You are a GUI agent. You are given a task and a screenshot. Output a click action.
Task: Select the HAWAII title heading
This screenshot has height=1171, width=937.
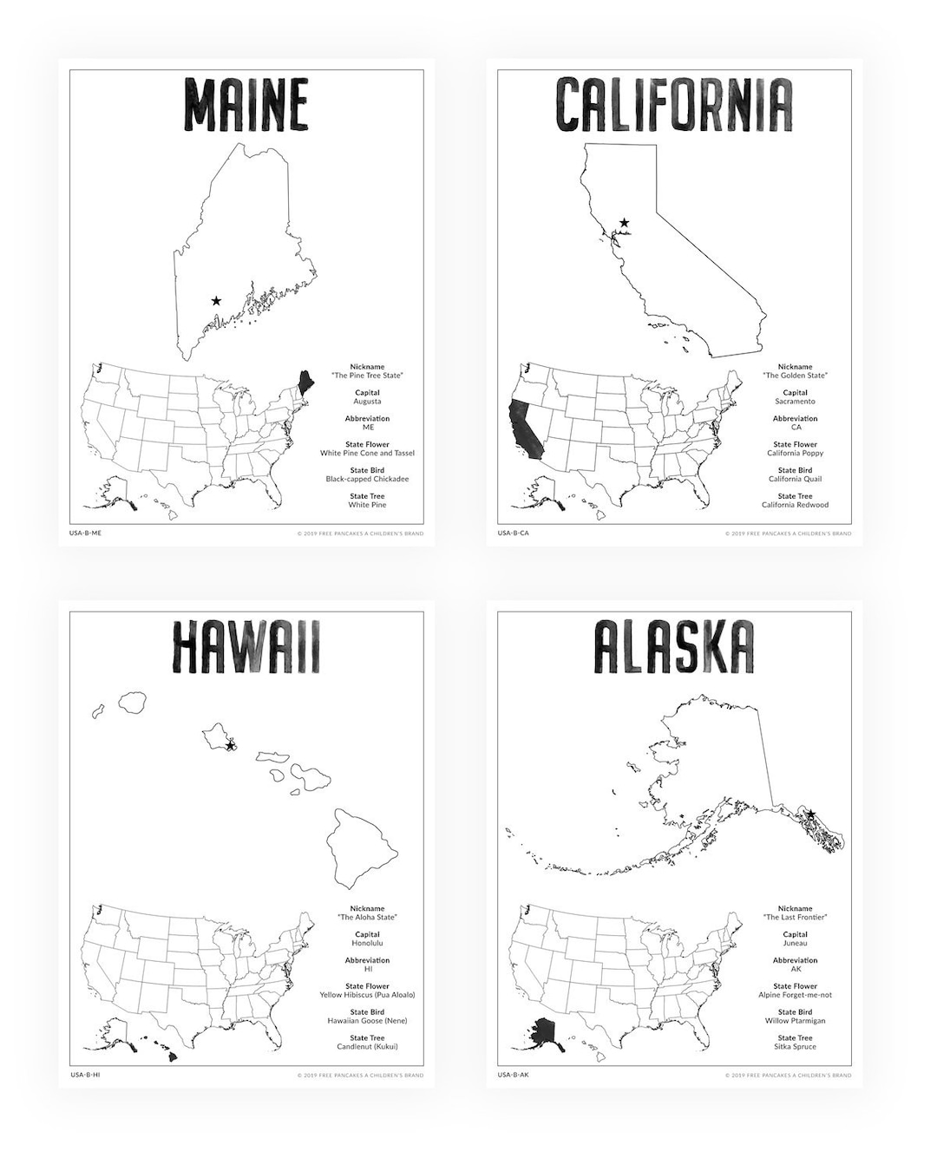(x=246, y=647)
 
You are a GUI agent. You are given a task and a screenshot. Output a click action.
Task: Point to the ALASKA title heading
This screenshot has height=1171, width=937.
(x=674, y=647)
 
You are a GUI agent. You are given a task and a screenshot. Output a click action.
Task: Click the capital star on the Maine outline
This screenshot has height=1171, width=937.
(x=216, y=301)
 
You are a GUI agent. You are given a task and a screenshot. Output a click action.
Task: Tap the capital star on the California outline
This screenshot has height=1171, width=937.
(x=624, y=223)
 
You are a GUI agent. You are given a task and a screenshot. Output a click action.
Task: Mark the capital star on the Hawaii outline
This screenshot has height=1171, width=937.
(x=230, y=745)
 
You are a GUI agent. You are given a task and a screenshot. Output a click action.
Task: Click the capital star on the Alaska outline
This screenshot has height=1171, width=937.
(x=810, y=814)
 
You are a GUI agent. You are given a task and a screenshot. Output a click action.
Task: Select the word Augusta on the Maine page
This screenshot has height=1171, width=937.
(x=367, y=402)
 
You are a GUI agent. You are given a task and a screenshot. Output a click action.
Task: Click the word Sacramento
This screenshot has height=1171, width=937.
(x=795, y=402)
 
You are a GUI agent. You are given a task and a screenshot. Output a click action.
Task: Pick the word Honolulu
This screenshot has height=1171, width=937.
(x=367, y=943)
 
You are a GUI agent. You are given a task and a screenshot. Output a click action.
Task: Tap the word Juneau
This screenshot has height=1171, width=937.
(x=795, y=943)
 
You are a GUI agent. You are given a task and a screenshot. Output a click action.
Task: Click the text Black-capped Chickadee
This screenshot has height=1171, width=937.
(x=367, y=479)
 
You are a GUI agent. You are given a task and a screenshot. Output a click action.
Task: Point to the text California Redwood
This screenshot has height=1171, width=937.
(x=795, y=505)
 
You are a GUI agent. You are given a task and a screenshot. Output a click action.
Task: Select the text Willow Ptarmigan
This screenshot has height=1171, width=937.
(x=795, y=1021)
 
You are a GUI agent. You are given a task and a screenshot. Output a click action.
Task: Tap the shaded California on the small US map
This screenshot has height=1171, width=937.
(x=523, y=429)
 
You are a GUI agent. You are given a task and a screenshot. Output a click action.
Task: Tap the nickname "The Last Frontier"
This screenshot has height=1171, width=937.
(x=795, y=917)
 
